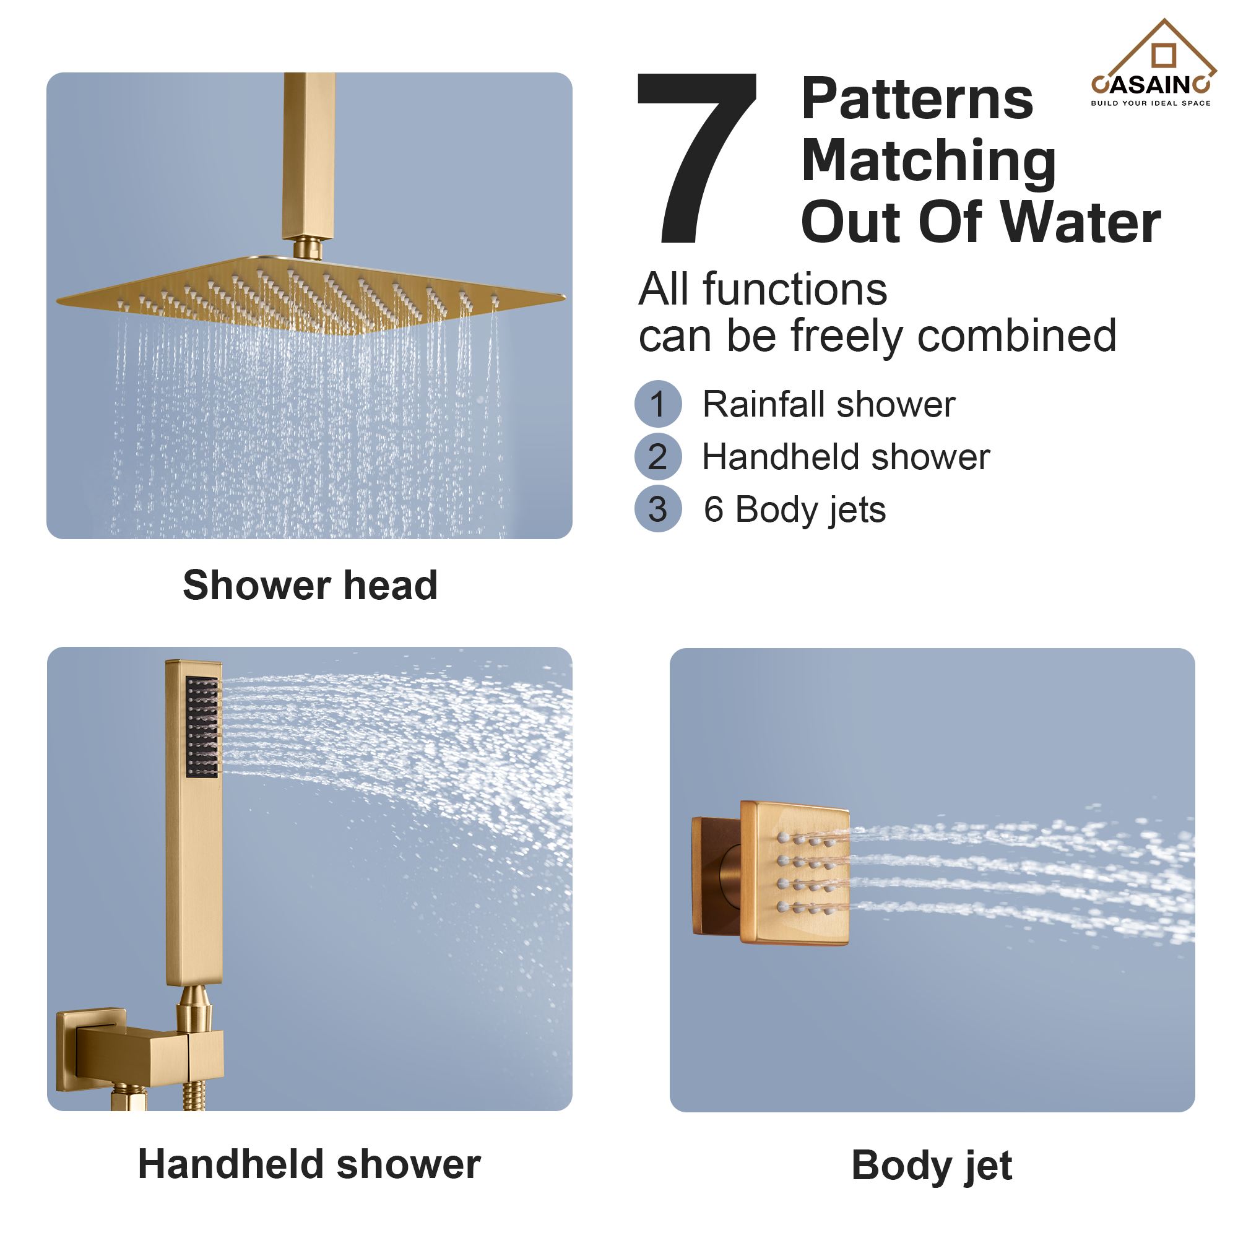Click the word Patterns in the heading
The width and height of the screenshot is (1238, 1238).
pyautogui.click(x=917, y=99)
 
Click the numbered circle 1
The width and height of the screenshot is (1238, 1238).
pyautogui.click(x=658, y=404)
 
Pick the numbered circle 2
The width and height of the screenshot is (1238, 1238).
pyautogui.click(x=658, y=457)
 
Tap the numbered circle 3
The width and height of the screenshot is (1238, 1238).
pyautogui.click(x=658, y=509)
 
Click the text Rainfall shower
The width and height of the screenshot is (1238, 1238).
pyautogui.click(x=829, y=404)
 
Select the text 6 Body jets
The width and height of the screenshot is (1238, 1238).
pyautogui.click(x=795, y=510)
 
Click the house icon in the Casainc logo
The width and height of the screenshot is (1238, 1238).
pyautogui.click(x=1164, y=54)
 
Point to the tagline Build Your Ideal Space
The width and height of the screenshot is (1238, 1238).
pyautogui.click(x=1151, y=103)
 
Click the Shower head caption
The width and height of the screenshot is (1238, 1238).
pyautogui.click(x=310, y=585)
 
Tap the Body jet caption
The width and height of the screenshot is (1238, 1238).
pyautogui.click(x=931, y=1165)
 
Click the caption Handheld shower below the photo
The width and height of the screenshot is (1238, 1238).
pyautogui.click(x=309, y=1164)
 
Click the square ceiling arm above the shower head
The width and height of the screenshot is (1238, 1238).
pyautogui.click(x=308, y=154)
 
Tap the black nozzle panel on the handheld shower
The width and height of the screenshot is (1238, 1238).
pyautogui.click(x=202, y=727)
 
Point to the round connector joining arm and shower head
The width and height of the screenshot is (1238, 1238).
pyautogui.click(x=308, y=248)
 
